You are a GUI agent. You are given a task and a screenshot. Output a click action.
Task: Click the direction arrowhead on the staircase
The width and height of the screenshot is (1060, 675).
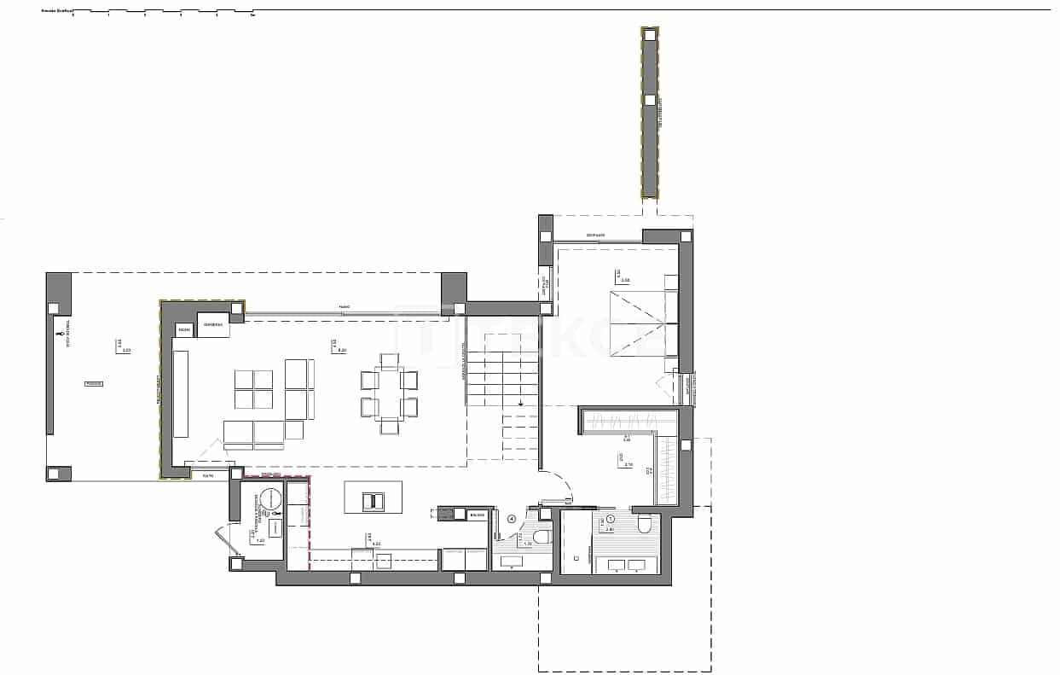click(520, 404)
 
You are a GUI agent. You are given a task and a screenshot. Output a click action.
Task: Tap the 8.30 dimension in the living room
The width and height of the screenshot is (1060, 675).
click(342, 350)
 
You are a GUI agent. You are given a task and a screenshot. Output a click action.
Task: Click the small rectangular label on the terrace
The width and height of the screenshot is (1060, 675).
click(93, 384)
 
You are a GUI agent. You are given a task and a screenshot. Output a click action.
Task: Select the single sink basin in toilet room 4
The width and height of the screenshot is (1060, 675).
click(513, 561)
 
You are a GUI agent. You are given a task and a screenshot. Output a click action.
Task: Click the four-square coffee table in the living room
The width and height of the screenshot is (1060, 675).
click(253, 389)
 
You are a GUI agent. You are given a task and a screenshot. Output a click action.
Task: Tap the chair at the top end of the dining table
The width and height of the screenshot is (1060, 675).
click(389, 361)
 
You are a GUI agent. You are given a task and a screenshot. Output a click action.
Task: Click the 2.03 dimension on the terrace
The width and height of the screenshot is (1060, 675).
click(126, 350)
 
